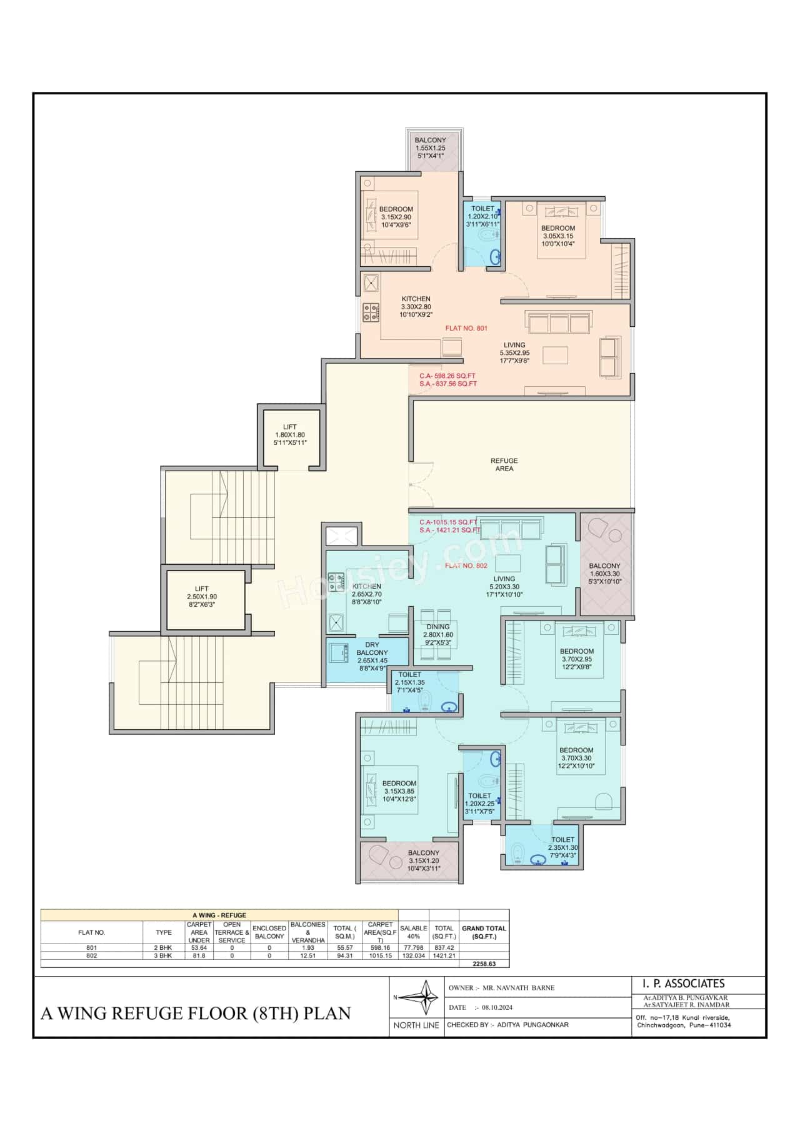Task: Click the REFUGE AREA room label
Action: click(504, 464)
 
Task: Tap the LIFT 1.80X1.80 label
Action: click(290, 435)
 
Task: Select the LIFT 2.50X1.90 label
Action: click(201, 596)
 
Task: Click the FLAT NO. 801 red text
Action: click(466, 328)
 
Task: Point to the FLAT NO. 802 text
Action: click(466, 565)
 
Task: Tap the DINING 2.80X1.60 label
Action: click(437, 634)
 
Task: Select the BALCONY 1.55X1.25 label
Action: click(431, 147)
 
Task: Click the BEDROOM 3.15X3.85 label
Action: click(399, 791)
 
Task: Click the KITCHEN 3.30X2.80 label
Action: click(416, 306)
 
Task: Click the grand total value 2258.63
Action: click(484, 964)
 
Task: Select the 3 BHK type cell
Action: click(164, 955)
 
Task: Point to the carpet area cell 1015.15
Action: click(380, 955)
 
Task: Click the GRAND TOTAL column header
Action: click(484, 932)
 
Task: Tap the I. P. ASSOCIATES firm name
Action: click(683, 984)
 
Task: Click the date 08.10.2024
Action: click(493, 1007)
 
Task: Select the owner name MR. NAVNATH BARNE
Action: click(518, 988)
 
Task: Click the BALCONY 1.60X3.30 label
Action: click(604, 573)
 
